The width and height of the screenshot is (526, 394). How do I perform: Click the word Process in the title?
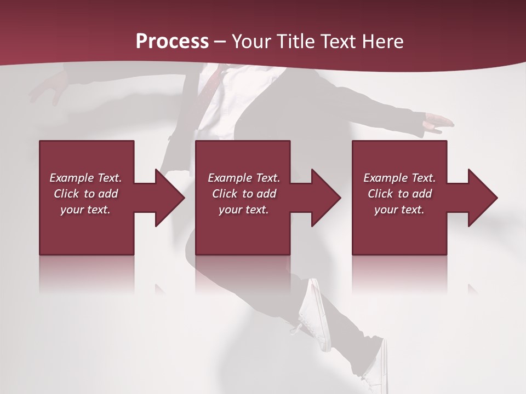point(172,42)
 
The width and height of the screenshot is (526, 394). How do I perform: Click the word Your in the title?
point(251,42)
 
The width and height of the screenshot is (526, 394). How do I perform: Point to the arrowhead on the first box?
point(169,198)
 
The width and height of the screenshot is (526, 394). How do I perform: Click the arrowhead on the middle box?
point(325,198)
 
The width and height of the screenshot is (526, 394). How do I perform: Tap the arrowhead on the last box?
point(482,198)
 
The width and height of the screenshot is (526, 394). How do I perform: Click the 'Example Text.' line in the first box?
point(85,178)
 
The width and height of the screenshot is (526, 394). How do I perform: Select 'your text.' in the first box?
point(85,210)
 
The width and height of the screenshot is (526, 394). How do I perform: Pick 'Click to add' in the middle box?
point(244,194)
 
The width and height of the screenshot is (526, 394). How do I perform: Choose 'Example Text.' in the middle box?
point(244,178)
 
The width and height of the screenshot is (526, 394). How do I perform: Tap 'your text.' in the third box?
point(399,210)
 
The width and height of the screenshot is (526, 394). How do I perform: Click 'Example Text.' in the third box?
point(399,178)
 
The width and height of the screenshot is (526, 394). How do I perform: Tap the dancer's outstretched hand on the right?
point(438,123)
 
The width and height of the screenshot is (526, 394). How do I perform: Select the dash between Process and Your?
point(220,42)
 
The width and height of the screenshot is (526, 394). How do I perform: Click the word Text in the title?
point(336,42)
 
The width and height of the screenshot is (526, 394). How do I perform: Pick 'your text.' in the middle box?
point(244,210)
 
